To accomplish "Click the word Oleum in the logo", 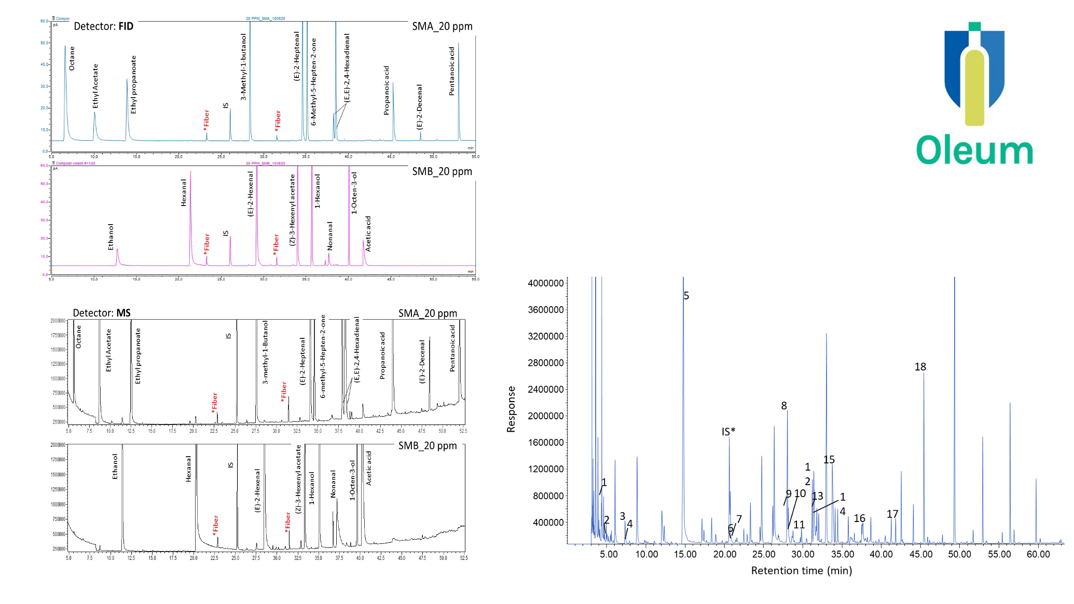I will click(974, 150).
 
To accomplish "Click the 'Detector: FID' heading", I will click(103, 26).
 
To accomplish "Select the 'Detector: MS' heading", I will click(102, 313).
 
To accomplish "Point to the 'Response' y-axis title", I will click(512, 409).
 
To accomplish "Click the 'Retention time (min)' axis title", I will click(802, 571).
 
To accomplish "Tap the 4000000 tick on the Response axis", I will click(545, 283).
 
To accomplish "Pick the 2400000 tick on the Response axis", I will click(545, 389).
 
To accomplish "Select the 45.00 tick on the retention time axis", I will click(920, 554).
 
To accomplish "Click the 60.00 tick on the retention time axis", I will click(1038, 554).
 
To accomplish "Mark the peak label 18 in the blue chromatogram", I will click(920, 367).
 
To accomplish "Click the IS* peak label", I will click(728, 432).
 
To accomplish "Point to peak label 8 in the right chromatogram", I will click(784, 406).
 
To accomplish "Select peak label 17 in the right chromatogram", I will click(892, 514).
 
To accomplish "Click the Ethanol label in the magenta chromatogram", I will click(111, 237).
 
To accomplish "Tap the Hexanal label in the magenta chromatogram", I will click(184, 193).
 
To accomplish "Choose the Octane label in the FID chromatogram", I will click(72, 58).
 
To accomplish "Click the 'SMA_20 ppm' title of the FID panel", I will click(442, 26).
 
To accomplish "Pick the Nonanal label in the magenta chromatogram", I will click(330, 236).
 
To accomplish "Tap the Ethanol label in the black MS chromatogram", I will click(115, 466).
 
